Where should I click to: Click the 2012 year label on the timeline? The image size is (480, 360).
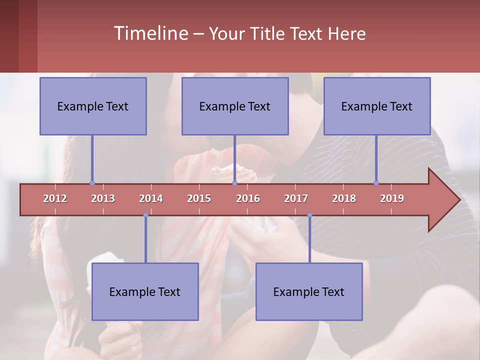(x=55, y=198)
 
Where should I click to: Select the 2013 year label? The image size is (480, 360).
(x=103, y=198)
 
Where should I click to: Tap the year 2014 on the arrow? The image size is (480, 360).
(x=151, y=198)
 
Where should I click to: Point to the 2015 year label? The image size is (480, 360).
(x=199, y=198)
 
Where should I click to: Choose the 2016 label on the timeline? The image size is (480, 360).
(x=248, y=198)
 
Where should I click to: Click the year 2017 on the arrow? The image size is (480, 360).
(x=296, y=198)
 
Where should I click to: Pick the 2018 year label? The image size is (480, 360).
(x=344, y=198)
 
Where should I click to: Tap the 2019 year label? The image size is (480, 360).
(x=392, y=198)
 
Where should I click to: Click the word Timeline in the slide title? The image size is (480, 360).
(x=150, y=33)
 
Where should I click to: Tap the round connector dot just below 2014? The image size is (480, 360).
(x=145, y=215)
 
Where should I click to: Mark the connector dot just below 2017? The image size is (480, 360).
(x=309, y=215)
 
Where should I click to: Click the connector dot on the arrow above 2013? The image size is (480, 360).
(x=92, y=183)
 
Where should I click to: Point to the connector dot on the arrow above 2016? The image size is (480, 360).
(x=234, y=183)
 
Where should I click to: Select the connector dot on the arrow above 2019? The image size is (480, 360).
(x=376, y=183)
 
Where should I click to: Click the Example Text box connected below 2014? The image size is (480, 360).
(x=145, y=292)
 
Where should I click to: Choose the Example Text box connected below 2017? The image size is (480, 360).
(x=309, y=292)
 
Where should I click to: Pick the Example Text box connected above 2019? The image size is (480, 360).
(x=377, y=106)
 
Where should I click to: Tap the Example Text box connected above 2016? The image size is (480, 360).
(x=235, y=106)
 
